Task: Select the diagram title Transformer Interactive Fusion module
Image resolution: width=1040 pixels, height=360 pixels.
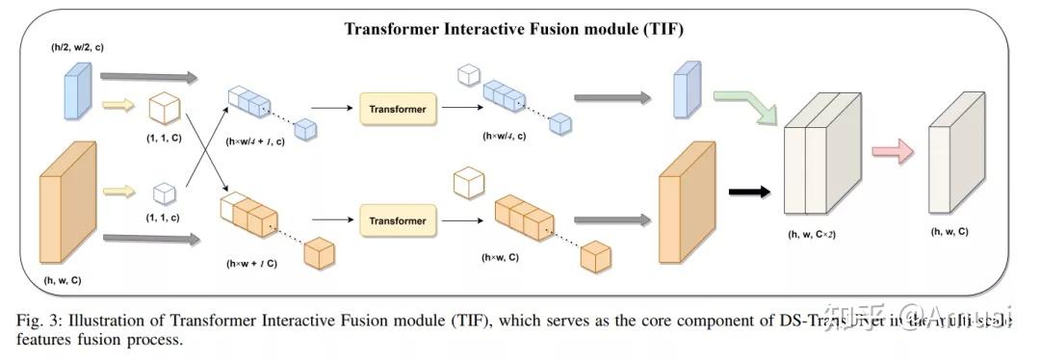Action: [x=521, y=28]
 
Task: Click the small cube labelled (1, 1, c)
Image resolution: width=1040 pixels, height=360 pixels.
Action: [x=163, y=193]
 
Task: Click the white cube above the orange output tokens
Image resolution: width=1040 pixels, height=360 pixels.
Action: [x=468, y=182]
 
